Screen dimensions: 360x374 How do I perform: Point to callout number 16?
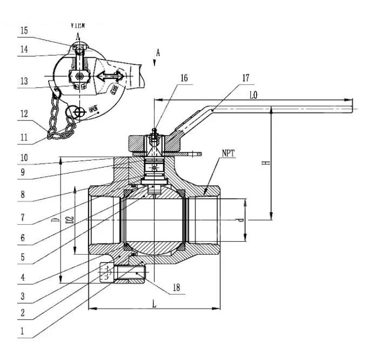(x=184, y=78)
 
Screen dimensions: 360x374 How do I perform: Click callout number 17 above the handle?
(x=246, y=78)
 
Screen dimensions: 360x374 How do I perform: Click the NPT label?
(x=228, y=154)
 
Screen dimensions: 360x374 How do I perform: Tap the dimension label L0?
(x=253, y=95)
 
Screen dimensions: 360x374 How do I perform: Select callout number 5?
(x=23, y=258)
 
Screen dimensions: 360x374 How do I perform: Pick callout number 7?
(x=23, y=218)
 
